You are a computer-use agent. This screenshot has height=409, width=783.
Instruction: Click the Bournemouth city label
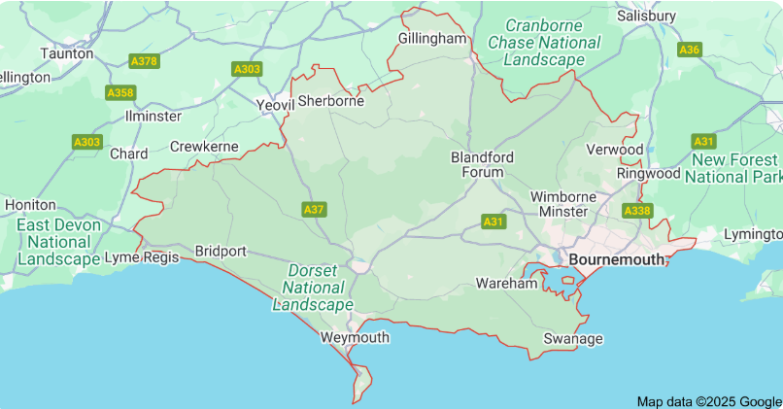(x=617, y=259)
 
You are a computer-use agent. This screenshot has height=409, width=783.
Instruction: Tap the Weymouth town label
(x=355, y=337)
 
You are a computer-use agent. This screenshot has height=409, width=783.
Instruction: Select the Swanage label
(x=572, y=338)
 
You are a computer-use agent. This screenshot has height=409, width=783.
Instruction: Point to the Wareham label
(x=506, y=284)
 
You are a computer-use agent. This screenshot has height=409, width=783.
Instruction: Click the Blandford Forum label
(x=482, y=164)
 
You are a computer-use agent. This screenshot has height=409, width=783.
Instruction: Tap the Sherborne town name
(x=330, y=100)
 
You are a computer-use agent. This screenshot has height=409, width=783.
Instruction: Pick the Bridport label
(x=221, y=251)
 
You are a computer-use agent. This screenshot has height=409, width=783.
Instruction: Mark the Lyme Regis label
(x=142, y=257)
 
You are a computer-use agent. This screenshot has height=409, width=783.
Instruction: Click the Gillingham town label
(x=433, y=38)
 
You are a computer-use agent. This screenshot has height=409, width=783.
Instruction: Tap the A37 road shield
(x=314, y=209)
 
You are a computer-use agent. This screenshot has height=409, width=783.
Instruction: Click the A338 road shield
(x=637, y=210)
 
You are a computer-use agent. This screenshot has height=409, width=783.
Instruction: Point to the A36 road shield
(x=690, y=50)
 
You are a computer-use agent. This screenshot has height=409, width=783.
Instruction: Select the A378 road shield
(x=144, y=61)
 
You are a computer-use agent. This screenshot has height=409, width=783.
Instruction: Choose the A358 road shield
(x=120, y=92)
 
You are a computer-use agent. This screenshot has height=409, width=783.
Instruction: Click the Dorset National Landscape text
(x=313, y=287)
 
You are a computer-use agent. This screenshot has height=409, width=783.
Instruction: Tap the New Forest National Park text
(x=733, y=168)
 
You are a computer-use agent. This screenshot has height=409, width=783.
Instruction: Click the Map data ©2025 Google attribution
(x=708, y=401)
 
